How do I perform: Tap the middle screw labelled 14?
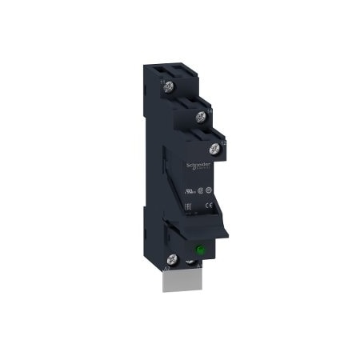201,117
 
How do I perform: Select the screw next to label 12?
214,148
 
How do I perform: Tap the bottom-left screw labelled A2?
171,258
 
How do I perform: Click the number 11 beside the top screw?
161,80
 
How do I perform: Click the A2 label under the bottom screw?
166,270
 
